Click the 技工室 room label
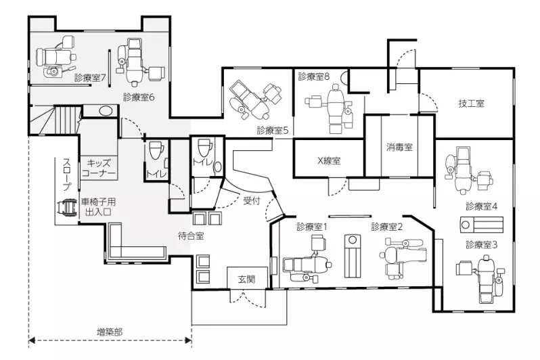tap(471, 104)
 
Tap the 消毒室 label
tap(399, 148)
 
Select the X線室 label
tap(329, 160)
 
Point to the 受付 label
tap(252, 200)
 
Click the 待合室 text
tap(191, 236)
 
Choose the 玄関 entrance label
tap(247, 279)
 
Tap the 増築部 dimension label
tap(109, 332)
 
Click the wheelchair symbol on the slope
tap(67, 207)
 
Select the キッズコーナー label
tap(99, 168)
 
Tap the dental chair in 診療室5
tap(255, 99)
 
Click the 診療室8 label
tap(314, 76)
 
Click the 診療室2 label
tap(387, 227)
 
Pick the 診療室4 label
tap(481, 206)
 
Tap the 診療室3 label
tap(481, 244)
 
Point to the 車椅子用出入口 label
tap(98, 206)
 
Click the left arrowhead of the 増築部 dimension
tap(31, 340)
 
